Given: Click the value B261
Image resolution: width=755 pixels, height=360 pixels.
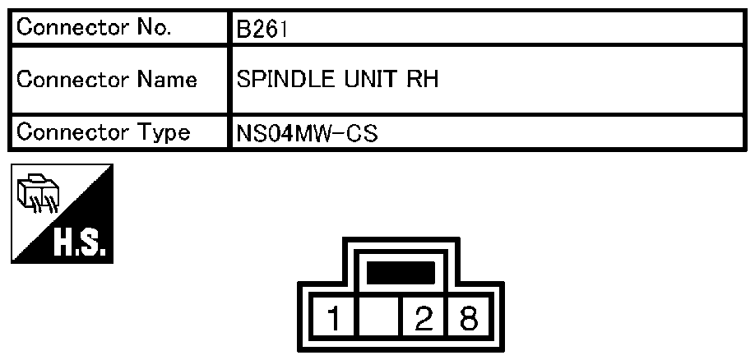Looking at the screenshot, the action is click(x=262, y=30).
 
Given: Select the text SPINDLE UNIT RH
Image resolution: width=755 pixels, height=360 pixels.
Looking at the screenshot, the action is click(x=337, y=80).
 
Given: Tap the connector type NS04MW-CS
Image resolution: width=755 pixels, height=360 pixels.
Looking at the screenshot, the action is click(x=308, y=134).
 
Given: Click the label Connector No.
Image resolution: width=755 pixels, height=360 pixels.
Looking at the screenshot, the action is click(x=94, y=27).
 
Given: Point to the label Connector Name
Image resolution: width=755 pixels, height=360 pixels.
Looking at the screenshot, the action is click(x=107, y=79).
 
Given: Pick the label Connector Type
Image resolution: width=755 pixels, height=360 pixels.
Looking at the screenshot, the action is click(x=103, y=132).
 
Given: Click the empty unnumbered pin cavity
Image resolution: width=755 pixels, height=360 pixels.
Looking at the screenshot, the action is click(x=379, y=316).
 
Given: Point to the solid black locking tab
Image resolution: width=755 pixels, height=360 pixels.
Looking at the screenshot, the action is click(x=401, y=272).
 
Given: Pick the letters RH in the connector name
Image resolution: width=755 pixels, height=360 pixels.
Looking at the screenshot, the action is click(x=423, y=80).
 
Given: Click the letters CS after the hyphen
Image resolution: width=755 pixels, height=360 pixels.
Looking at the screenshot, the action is click(x=362, y=134).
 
